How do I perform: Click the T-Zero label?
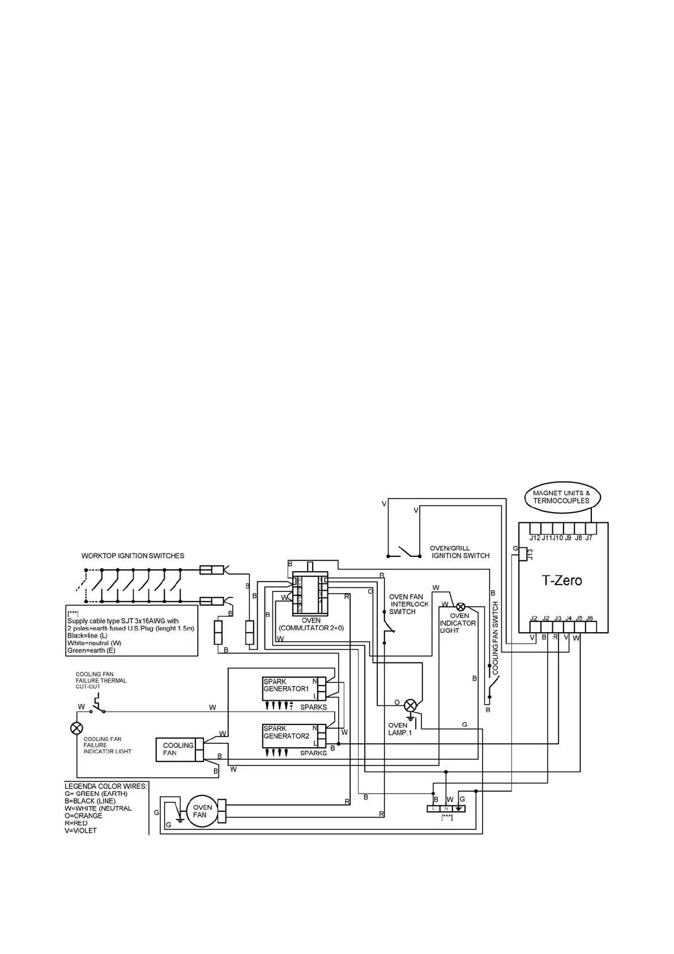562,581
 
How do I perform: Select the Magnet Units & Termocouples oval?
561,497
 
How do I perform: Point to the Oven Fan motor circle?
202,811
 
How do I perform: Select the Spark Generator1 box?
289,688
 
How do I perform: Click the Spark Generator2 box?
289,735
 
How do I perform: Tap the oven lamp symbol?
410,705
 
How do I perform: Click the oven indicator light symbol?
460,606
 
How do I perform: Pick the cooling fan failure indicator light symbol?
76,728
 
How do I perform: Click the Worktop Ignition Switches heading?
133,556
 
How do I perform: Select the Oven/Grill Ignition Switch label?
459,552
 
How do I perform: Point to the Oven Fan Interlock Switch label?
408,604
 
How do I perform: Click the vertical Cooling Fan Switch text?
495,637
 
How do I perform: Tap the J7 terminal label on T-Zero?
589,538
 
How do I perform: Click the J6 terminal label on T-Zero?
590,618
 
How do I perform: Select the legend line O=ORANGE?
84,816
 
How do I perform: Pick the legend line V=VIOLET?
81,831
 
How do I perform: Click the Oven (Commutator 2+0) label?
311,624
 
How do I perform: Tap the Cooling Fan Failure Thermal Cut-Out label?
101,680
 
